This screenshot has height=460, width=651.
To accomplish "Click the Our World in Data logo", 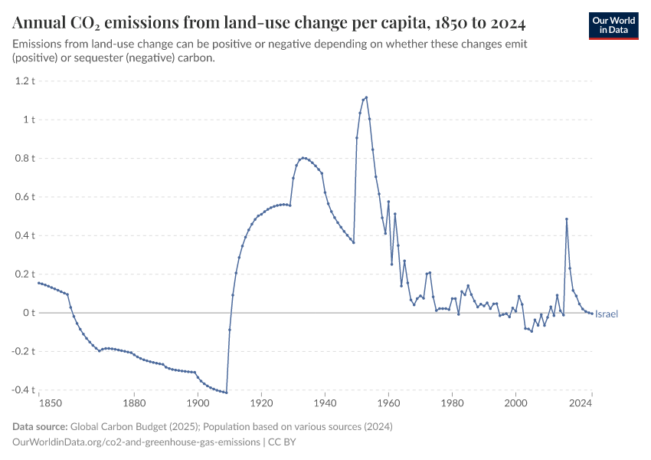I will [x=613, y=25].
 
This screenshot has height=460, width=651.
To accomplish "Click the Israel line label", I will [x=607, y=314].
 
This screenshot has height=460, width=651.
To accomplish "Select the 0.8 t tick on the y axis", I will [x=25, y=158].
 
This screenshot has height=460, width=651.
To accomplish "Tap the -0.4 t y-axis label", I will [x=22, y=390].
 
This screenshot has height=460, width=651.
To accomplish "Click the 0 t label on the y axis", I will [x=29, y=313].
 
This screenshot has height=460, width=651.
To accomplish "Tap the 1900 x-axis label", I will [x=198, y=402].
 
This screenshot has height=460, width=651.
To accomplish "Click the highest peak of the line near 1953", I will [x=366, y=97].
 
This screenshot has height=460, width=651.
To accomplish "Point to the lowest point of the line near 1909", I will [x=226, y=393].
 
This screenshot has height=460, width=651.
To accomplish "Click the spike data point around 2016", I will [x=567, y=219].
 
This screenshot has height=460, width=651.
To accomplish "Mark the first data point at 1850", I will [x=38, y=283].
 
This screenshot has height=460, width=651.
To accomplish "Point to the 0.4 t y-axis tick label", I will [x=25, y=235].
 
